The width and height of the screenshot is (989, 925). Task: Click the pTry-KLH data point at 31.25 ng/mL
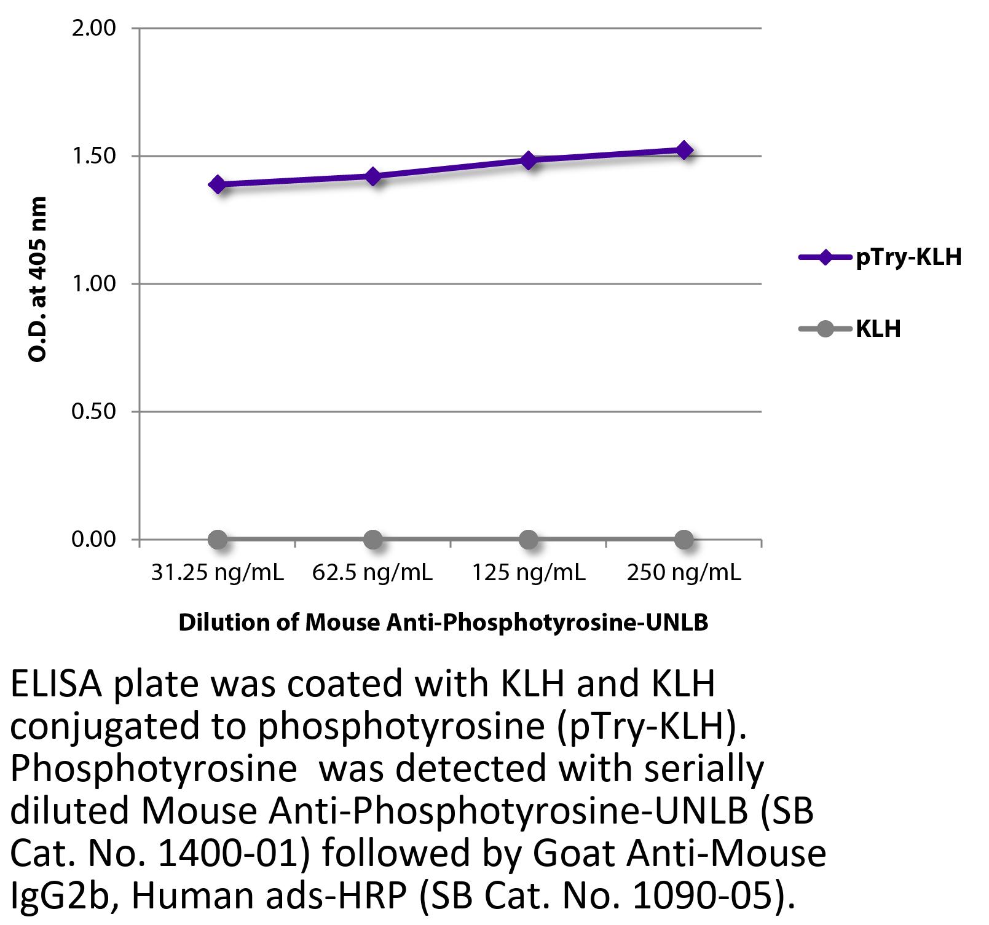217,184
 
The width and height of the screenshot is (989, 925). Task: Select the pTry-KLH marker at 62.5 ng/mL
372,176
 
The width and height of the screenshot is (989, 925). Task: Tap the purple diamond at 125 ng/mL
528,160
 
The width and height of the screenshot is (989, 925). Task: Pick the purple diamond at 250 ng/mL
684,150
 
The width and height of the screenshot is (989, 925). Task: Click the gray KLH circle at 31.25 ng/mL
217,540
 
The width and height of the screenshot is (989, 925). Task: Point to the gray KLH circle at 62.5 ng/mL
372,540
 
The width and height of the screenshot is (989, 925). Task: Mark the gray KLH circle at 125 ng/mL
528,540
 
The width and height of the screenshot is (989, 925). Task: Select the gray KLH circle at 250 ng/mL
684,540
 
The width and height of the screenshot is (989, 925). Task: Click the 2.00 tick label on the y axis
93,28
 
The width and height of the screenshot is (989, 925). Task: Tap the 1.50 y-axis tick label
93,156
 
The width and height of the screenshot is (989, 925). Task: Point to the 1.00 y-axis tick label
93,284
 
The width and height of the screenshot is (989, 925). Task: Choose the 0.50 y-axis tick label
93,411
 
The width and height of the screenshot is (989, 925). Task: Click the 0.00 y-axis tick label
93,539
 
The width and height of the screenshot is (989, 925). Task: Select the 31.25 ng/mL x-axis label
217,573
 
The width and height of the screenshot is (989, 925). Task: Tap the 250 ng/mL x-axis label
684,573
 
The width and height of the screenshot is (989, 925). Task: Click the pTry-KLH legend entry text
908,257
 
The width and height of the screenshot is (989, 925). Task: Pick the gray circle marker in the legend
825,329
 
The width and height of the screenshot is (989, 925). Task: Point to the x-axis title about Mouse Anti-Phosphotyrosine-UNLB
443,623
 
